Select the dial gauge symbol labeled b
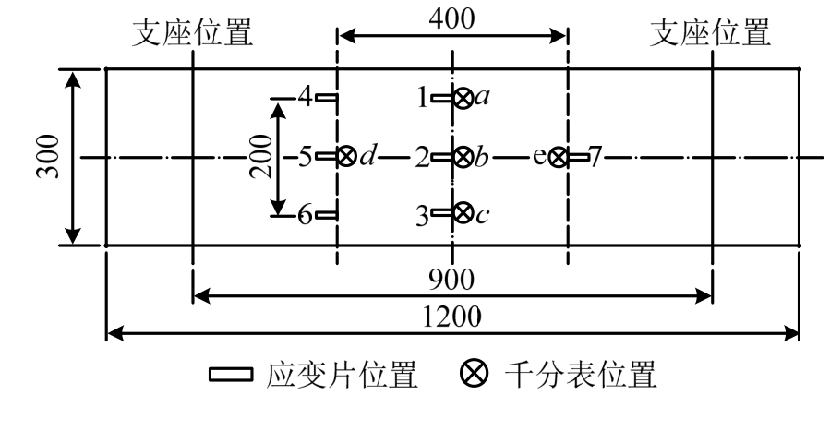tap(463, 157)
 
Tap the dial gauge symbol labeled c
tap(463, 215)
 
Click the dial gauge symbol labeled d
tap(347, 157)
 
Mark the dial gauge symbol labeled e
tap(558, 157)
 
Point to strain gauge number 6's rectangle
tap(327, 215)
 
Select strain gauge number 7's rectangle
tap(578, 157)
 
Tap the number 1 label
tap(424, 97)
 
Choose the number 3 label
tap(424, 216)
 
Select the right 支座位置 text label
tap(711, 33)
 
